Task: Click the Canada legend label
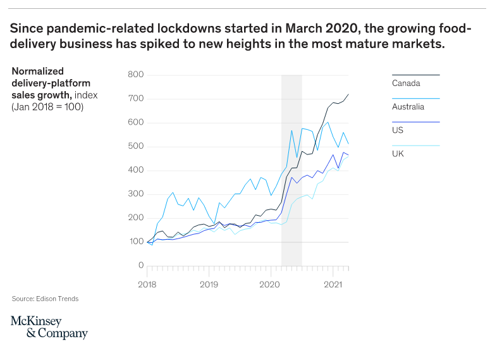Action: (406, 83)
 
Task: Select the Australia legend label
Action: (408, 106)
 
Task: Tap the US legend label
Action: (398, 130)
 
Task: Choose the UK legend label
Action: (398, 154)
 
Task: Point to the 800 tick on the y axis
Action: (136, 75)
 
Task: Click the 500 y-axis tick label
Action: (136, 147)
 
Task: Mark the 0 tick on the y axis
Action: (141, 266)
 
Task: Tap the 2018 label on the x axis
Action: (147, 285)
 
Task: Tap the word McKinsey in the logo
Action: (37, 321)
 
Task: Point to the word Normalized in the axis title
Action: (38, 71)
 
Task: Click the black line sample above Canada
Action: (415, 75)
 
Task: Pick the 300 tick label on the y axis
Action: (136, 194)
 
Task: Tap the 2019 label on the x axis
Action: (209, 285)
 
